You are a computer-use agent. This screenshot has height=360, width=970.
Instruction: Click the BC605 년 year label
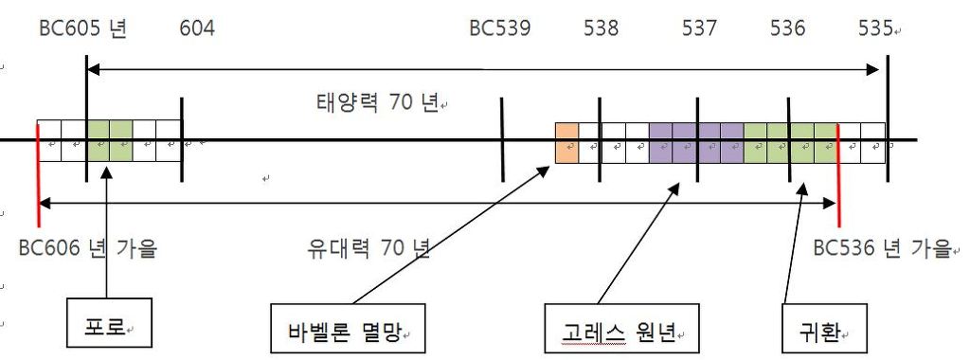click(x=83, y=28)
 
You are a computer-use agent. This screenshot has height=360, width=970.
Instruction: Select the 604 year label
click(x=197, y=28)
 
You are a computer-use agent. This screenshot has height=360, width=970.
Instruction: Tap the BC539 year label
click(x=500, y=28)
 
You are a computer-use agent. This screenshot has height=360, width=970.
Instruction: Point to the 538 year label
click(x=602, y=28)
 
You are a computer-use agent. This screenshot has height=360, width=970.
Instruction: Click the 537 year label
click(x=699, y=28)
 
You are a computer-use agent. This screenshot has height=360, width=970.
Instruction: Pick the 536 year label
click(x=788, y=28)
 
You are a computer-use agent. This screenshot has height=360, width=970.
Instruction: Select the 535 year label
click(x=876, y=28)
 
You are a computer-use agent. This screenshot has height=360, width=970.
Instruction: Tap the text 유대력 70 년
click(x=369, y=249)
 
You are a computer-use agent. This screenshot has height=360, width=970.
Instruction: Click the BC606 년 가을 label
click(x=88, y=249)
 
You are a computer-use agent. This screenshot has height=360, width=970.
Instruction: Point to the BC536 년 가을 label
click(x=882, y=249)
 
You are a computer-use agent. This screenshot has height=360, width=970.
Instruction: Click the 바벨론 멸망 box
click(x=346, y=331)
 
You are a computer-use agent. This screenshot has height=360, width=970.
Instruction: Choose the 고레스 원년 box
click(x=621, y=331)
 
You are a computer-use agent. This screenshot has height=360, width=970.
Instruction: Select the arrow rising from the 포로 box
click(x=109, y=237)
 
